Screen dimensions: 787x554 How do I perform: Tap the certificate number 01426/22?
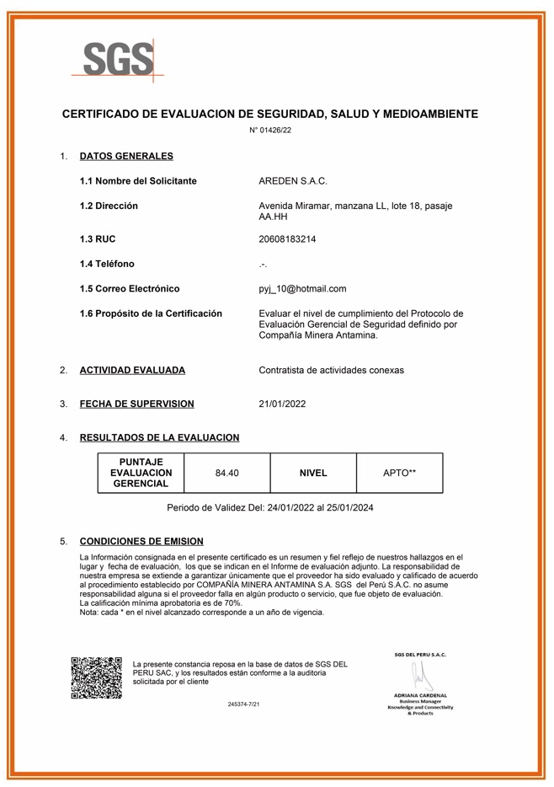[x=270, y=130]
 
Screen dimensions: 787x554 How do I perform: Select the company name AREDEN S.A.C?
[x=292, y=181]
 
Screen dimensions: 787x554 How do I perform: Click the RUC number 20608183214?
[x=287, y=239]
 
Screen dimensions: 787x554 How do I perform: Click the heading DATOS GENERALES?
[x=126, y=156]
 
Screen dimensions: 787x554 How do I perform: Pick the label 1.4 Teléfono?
[x=106, y=264]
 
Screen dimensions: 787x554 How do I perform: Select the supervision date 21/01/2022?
[x=282, y=404]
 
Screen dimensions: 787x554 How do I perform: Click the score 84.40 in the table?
[x=226, y=474]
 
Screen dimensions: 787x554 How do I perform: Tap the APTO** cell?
[x=399, y=474]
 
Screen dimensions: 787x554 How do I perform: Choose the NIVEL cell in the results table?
[x=313, y=474]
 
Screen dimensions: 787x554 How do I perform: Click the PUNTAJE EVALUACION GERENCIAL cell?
[x=141, y=473]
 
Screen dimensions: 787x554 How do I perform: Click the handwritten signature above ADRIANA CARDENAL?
[x=418, y=674]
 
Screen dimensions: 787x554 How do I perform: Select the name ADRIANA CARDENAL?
[x=420, y=694]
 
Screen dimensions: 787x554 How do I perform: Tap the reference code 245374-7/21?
[x=243, y=703]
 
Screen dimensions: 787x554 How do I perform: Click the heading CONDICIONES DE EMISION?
[x=141, y=541]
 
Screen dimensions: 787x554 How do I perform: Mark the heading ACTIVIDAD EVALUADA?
[x=132, y=370]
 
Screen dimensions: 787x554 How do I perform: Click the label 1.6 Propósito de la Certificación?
[x=151, y=313]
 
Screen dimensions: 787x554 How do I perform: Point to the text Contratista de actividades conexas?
[x=331, y=370]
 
